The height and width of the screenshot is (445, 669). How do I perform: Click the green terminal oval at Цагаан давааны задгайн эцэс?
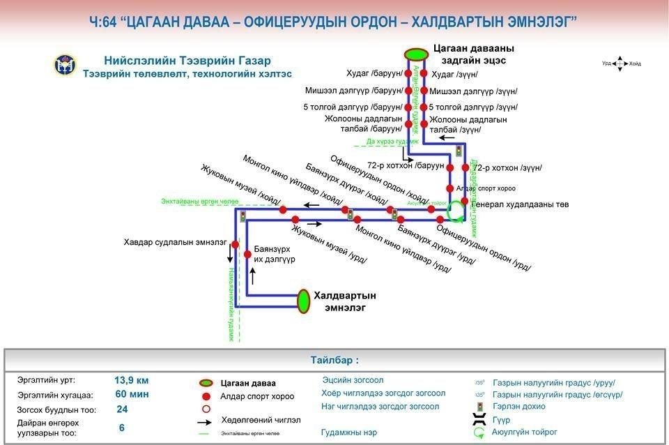pyautogui.click(x=416, y=54)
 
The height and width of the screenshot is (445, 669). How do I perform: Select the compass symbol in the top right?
pyautogui.click(x=621, y=63)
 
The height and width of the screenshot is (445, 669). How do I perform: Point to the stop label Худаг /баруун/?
pyautogui.click(x=374, y=73)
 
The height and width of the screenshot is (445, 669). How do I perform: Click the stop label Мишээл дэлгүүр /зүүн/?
pyautogui.click(x=473, y=91)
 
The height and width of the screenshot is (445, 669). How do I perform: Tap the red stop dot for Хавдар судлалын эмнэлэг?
pyautogui.click(x=236, y=245)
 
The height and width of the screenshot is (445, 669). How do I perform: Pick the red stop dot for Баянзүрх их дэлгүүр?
pyautogui.click(x=247, y=255)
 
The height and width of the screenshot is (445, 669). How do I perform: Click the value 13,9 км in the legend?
pyautogui.click(x=132, y=381)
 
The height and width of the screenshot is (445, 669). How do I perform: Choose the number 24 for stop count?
pyautogui.click(x=122, y=409)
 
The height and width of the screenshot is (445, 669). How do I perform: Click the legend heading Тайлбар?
pyautogui.click(x=334, y=361)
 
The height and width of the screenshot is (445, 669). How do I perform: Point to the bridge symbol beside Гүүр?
pyautogui.click(x=479, y=419)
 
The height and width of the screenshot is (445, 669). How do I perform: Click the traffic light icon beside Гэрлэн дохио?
pyautogui.click(x=479, y=407)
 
